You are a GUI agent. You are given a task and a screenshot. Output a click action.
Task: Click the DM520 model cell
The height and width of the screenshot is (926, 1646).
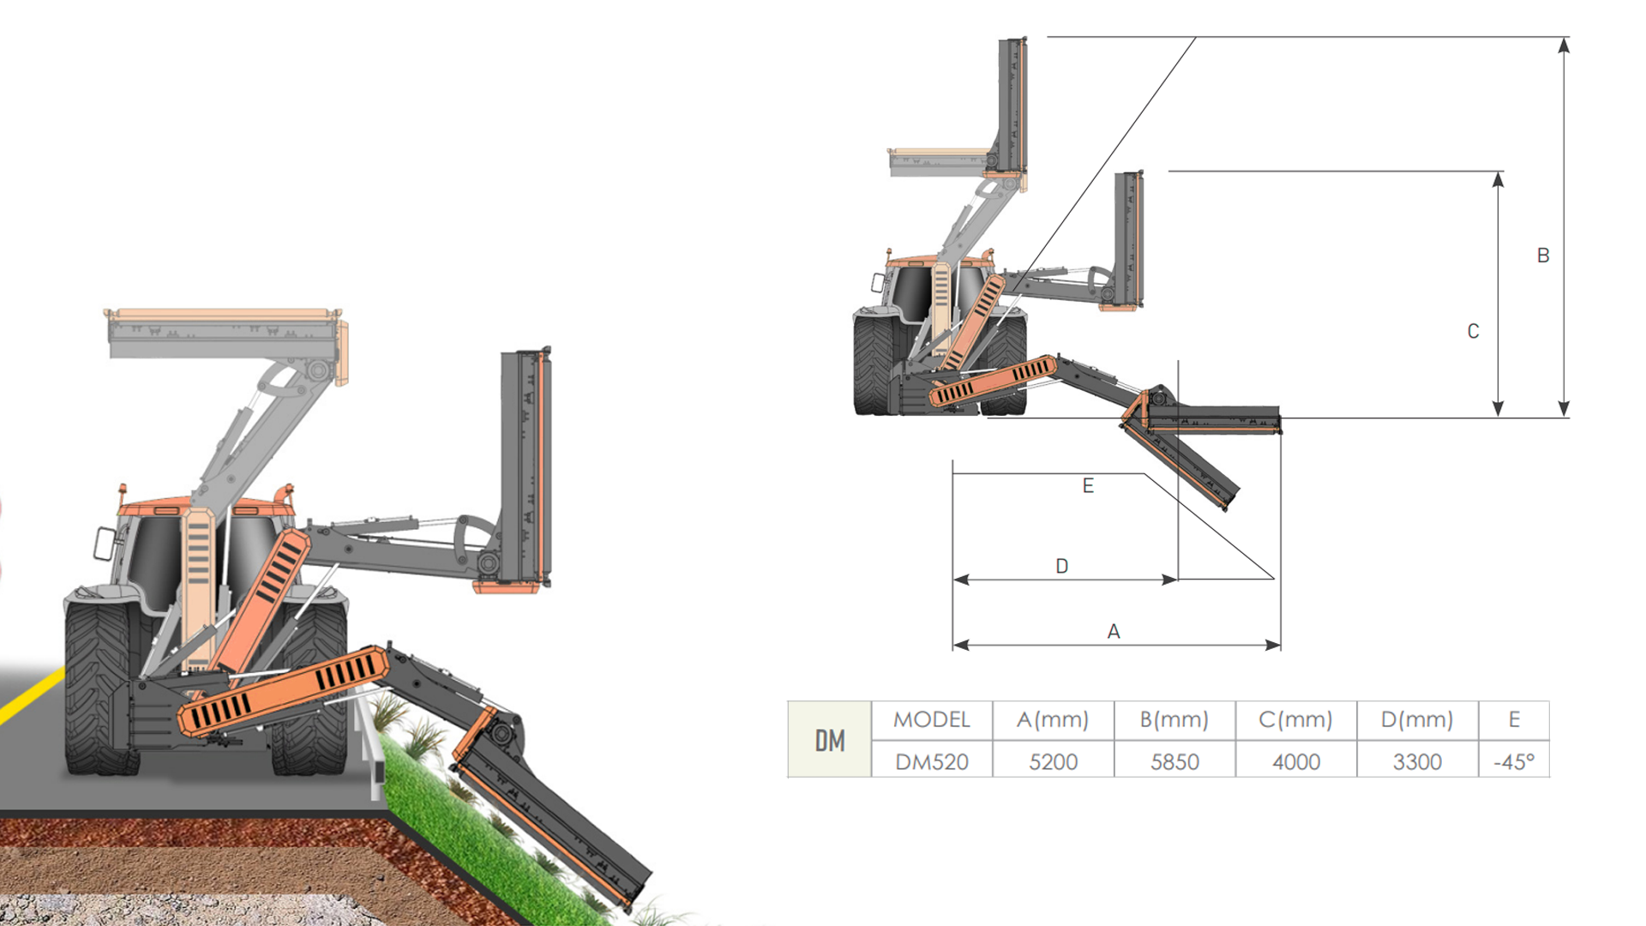click(932, 761)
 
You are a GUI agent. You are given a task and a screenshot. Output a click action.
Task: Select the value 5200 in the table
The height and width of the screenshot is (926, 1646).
click(1053, 761)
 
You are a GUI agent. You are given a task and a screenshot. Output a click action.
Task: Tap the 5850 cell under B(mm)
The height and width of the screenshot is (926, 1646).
click(1174, 761)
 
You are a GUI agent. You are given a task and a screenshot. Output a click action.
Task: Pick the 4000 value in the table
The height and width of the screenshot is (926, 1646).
click(1296, 761)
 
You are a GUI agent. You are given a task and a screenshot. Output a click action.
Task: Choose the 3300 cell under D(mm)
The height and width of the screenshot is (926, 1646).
click(1417, 761)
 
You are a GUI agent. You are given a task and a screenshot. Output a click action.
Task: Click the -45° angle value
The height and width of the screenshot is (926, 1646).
click(1514, 761)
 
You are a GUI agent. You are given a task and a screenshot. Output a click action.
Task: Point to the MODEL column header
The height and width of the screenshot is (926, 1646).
click(932, 719)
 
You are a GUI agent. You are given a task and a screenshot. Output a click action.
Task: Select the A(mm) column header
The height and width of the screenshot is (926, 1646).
click(1053, 719)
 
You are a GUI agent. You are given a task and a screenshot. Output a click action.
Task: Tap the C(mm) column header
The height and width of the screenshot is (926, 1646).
click(1295, 719)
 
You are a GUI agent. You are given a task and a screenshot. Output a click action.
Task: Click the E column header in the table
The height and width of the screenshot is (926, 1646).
click(1514, 719)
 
